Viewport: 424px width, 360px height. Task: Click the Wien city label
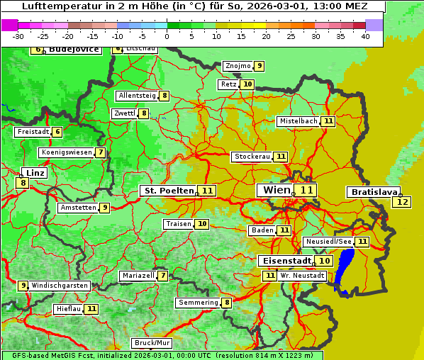[x=277, y=190]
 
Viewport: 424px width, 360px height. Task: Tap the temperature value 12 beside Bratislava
[x=402, y=202]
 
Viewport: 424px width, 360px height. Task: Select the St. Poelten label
[x=167, y=191]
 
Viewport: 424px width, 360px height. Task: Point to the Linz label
[x=34, y=173]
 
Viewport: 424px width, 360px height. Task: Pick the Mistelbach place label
[x=298, y=121]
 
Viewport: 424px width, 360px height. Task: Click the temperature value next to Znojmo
[x=260, y=66]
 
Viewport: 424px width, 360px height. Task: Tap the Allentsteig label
[x=138, y=96]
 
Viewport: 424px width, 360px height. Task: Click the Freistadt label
[x=33, y=132]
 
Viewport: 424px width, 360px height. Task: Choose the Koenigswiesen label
[x=66, y=152]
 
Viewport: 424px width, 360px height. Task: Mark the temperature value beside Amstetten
[x=104, y=208]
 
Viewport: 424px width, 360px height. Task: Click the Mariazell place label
[x=138, y=275]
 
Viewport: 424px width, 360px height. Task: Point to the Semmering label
[x=198, y=303]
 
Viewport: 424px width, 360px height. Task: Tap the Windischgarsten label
[x=60, y=286]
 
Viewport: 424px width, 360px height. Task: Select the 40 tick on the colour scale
[x=365, y=36]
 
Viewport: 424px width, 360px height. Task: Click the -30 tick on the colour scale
[x=18, y=36]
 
